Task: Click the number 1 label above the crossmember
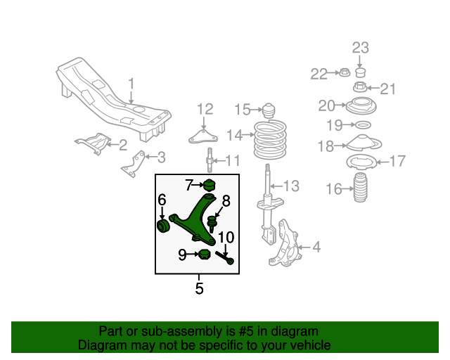tap(131, 85)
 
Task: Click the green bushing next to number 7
tap(208, 186)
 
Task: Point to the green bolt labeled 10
tap(230, 260)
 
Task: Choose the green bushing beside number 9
tap(205, 254)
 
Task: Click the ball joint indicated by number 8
tap(212, 224)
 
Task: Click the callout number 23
tap(360, 49)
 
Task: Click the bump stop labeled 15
tap(269, 111)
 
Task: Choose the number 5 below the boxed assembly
tap(199, 288)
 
